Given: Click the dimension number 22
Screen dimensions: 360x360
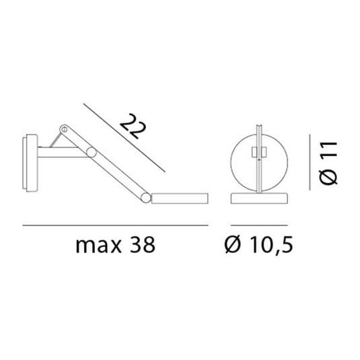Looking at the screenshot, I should pyautogui.click(x=131, y=127).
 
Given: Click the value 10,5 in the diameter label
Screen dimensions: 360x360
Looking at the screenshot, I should pyautogui.click(x=273, y=245).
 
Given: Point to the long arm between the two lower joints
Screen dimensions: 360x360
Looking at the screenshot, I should pyautogui.click(x=116, y=176).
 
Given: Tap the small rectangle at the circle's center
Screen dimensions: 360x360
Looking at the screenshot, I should pyautogui.click(x=256, y=153).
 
